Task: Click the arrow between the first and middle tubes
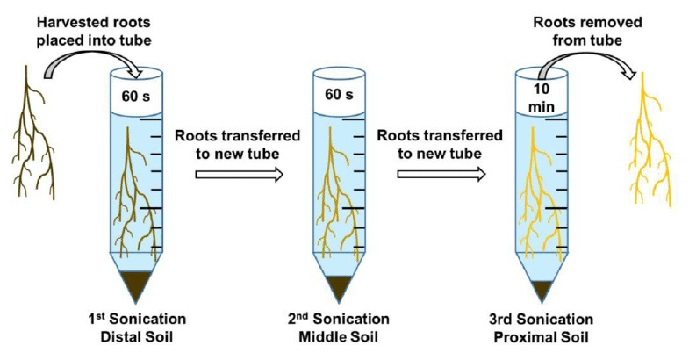click(x=239, y=174)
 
